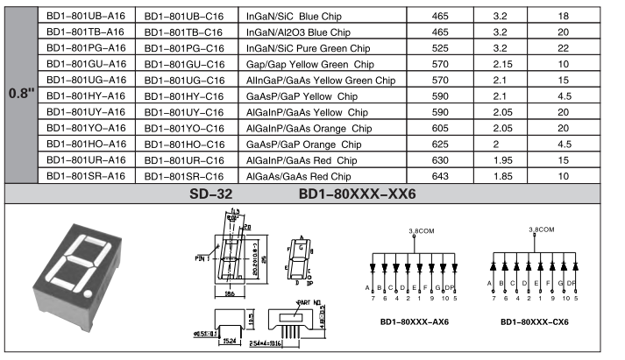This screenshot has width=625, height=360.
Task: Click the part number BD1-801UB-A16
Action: (x=86, y=16)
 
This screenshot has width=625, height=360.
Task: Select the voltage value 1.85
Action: (x=501, y=176)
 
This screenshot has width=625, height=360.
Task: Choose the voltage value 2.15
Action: (x=501, y=64)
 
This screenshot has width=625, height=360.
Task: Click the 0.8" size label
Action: (x=20, y=95)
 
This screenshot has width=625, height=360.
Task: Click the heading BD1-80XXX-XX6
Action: (x=357, y=194)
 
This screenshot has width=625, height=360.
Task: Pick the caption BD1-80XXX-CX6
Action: (x=535, y=322)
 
